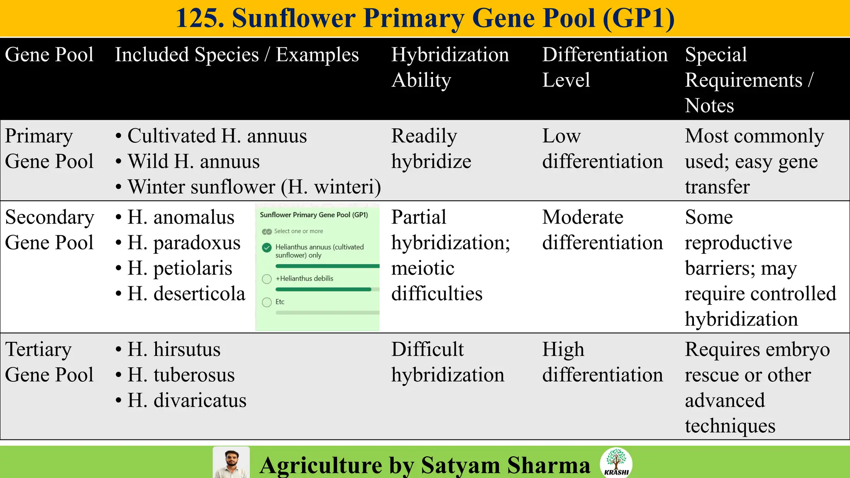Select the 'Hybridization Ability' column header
[x=450, y=67]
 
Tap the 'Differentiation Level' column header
[x=605, y=67]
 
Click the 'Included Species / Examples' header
[x=237, y=55]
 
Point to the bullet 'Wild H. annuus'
[x=193, y=161]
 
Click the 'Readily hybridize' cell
[x=431, y=149]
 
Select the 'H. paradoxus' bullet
[x=184, y=243]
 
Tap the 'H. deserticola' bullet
[x=186, y=294]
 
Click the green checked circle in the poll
[x=267, y=248]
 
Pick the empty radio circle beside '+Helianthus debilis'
[x=267, y=279]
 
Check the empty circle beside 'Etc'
[x=267, y=302]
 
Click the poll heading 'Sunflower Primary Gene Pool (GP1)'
[x=314, y=215]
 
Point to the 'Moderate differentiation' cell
[x=602, y=230]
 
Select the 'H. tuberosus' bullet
[x=181, y=375]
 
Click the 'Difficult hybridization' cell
[x=447, y=362]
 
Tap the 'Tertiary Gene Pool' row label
[x=49, y=362]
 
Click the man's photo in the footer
[x=231, y=463]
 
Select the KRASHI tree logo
[x=616, y=462]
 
